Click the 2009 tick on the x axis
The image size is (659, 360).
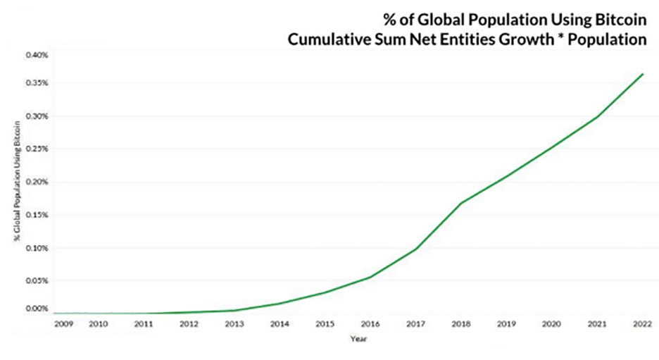point(63,324)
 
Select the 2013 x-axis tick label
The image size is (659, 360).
point(234,324)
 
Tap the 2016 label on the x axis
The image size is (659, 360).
point(370,324)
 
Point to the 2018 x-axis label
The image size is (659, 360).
point(460,324)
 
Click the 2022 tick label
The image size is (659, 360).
point(641,324)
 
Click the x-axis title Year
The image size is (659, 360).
point(358,339)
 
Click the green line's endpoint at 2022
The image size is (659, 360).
point(642,73)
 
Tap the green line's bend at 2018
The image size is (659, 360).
point(460,203)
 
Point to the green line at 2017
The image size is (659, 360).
point(415,249)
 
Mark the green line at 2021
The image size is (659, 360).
point(597,116)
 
